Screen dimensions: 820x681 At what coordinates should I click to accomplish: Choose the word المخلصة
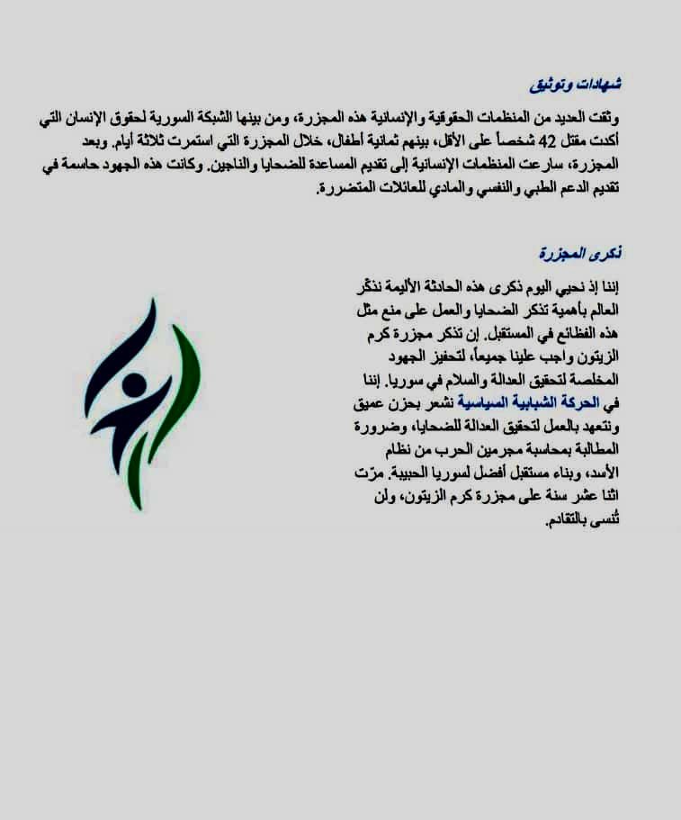coord(594,381)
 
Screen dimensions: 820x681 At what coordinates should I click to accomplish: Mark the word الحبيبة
coord(399,474)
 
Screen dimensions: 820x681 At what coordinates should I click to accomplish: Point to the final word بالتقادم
coord(577,521)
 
